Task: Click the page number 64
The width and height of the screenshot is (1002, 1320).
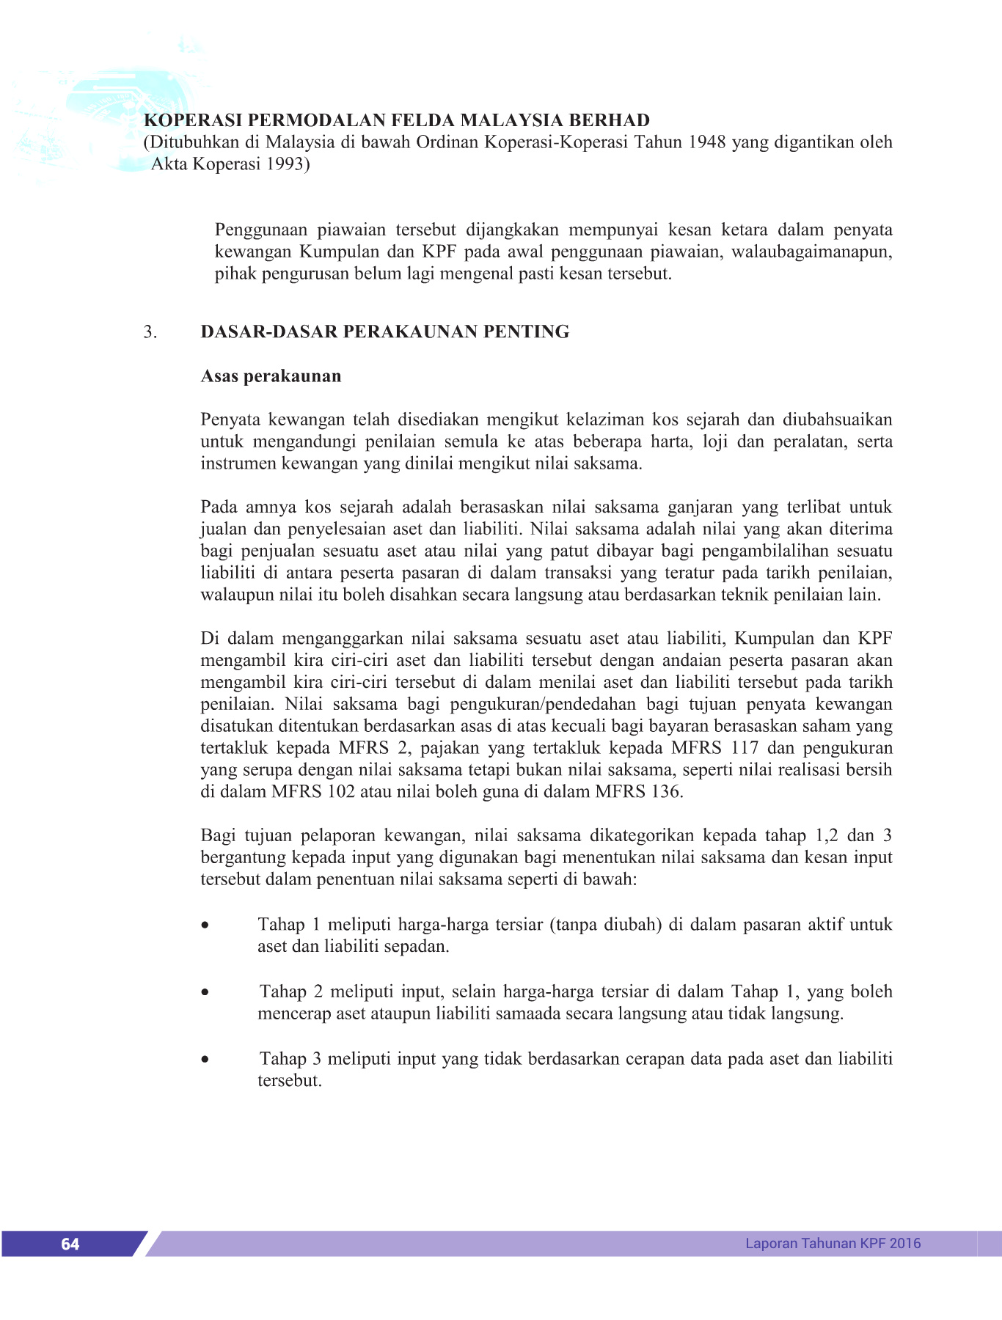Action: pos(70,1244)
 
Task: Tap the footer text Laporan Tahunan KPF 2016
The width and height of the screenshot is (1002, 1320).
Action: pos(833,1243)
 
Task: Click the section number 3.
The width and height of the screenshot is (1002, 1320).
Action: pos(150,332)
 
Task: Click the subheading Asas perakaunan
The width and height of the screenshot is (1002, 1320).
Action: pos(271,376)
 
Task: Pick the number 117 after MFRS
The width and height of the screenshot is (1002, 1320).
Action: pos(745,748)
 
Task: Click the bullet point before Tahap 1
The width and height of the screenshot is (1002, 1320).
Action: pos(205,926)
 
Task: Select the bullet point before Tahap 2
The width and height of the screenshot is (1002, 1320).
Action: pos(205,994)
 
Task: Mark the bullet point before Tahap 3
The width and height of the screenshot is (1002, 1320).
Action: pos(205,1060)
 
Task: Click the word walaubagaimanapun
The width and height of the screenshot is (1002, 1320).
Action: pos(811,252)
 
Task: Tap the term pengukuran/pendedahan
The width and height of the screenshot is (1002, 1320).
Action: pos(533,705)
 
